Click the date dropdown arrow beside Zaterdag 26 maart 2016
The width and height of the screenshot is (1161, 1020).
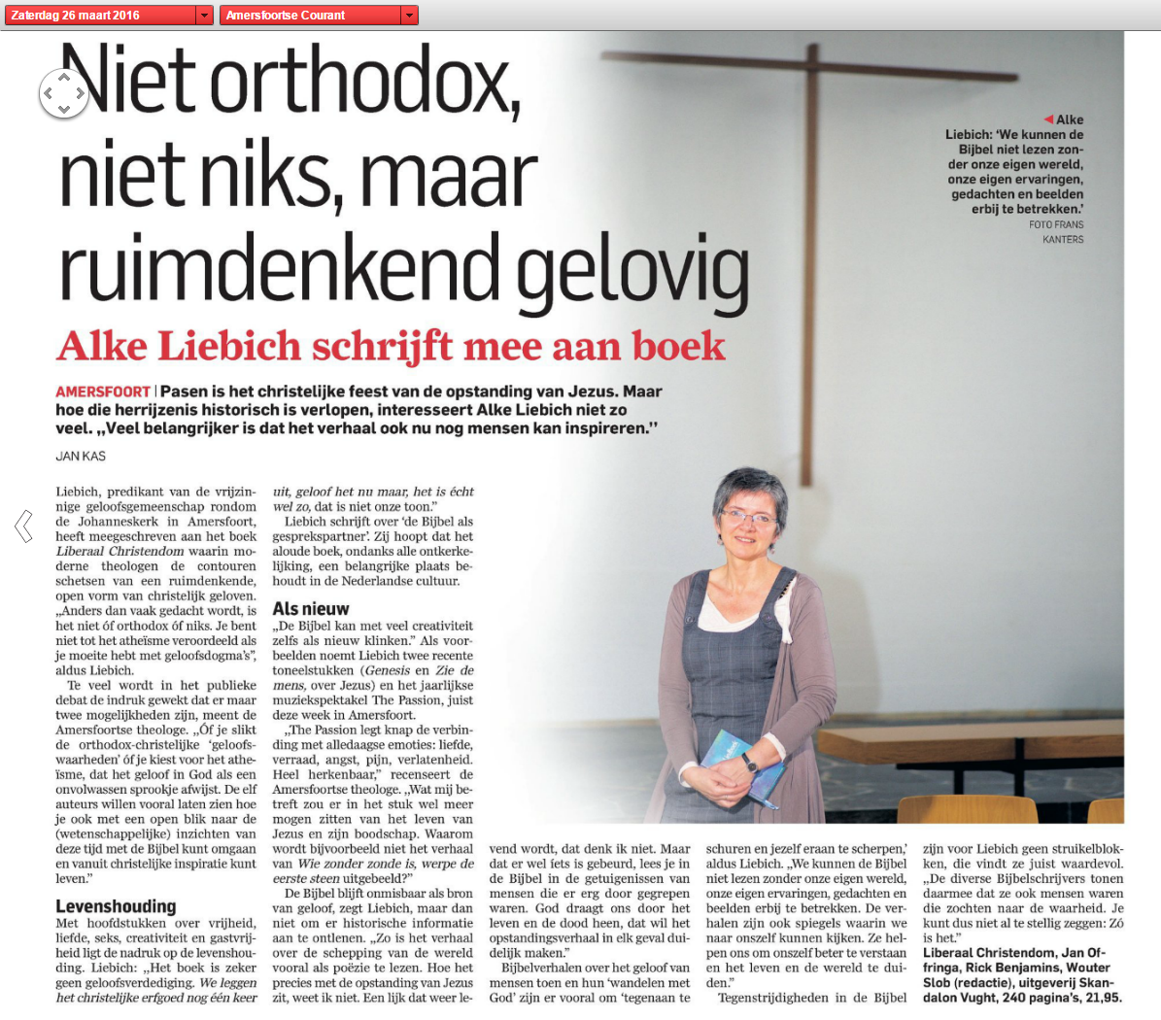click(204, 16)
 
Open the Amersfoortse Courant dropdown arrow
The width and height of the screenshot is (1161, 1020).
click(409, 16)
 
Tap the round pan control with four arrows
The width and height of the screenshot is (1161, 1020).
click(63, 93)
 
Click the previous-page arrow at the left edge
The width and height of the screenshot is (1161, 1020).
click(23, 526)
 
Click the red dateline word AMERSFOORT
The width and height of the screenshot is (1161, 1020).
click(103, 392)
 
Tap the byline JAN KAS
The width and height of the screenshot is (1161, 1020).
click(81, 456)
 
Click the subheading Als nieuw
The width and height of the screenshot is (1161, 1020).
click(311, 609)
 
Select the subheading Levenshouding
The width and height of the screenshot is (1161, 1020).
click(116, 906)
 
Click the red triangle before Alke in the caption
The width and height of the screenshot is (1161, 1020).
click(1048, 119)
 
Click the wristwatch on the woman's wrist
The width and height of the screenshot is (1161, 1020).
click(749, 764)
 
